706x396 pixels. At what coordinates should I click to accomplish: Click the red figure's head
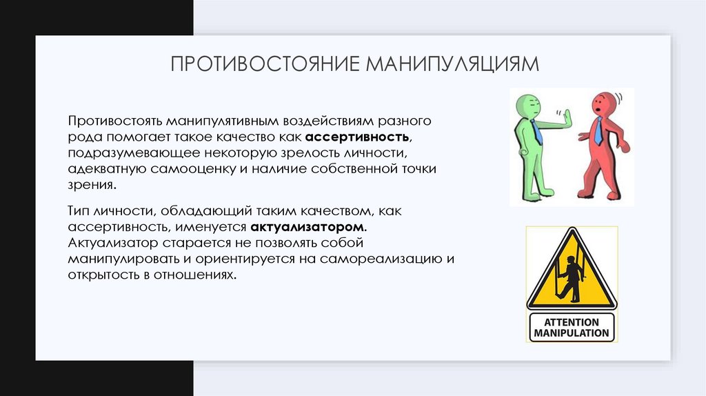point(602,106)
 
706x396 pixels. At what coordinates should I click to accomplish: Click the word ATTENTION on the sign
point(572,322)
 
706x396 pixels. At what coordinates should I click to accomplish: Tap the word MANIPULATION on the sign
point(572,333)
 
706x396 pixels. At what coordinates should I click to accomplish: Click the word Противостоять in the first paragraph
point(114,121)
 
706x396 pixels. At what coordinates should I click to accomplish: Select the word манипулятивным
point(212,121)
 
